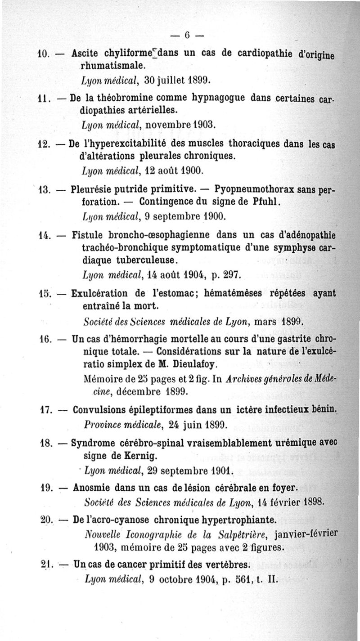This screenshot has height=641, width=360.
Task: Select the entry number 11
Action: pos(43,99)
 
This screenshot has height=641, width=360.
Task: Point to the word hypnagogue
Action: pos(212,98)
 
